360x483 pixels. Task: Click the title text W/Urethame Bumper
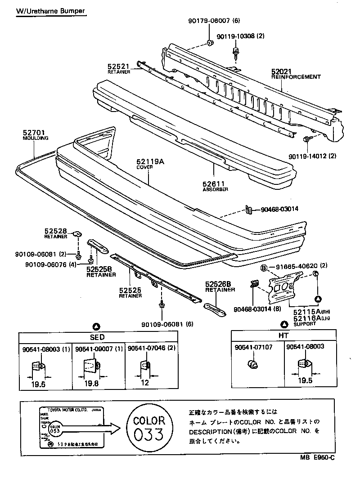[50, 10]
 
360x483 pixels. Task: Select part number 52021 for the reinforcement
[282, 72]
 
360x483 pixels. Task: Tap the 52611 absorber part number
[214, 184]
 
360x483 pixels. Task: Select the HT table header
[283, 335]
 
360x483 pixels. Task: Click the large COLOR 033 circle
[149, 427]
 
